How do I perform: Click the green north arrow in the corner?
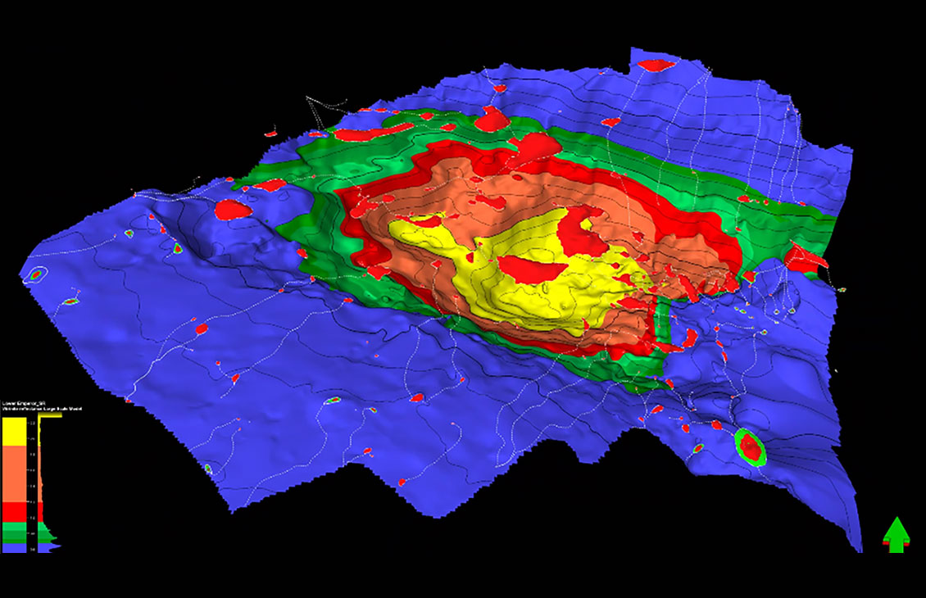pyautogui.click(x=896, y=534)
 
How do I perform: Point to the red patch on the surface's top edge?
pyautogui.click(x=655, y=65)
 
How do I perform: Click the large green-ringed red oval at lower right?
pyautogui.click(x=749, y=446)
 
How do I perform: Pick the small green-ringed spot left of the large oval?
pyautogui.click(x=698, y=448)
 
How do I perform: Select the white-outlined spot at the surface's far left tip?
pyautogui.click(x=35, y=275)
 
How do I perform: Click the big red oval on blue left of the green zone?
pyautogui.click(x=233, y=209)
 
